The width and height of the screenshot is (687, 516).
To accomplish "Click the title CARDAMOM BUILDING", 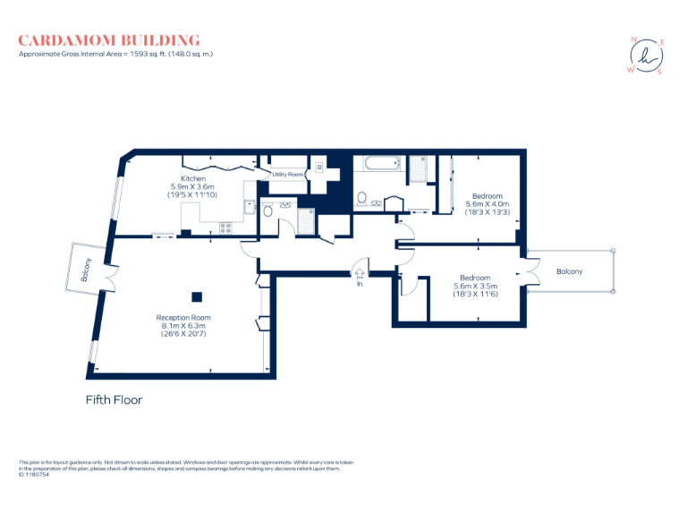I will coord(109,40).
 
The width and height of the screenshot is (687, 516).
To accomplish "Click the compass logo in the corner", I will coord(645,56).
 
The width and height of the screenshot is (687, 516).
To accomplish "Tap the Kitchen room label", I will coord(193,179).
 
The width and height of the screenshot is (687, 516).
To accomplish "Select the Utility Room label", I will coord(288,173).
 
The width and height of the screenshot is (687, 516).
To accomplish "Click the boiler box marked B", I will coord(318,168).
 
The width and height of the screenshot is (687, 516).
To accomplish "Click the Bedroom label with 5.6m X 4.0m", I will coord(488,196).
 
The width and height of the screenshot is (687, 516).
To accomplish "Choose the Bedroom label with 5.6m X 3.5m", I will coord(474,278).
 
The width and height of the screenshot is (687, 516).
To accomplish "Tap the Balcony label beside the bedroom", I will coord(570,271).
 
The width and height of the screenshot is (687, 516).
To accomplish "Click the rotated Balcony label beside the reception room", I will coord(87,270).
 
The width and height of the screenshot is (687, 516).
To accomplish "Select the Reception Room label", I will coord(182,318).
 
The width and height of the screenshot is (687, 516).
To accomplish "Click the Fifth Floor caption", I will coord(114,400).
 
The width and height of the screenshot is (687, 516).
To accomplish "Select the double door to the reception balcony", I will coord(109,277).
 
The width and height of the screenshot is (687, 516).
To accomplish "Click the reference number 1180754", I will coord(38,475).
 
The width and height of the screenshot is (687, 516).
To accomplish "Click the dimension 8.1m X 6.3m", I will coord(182,326).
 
